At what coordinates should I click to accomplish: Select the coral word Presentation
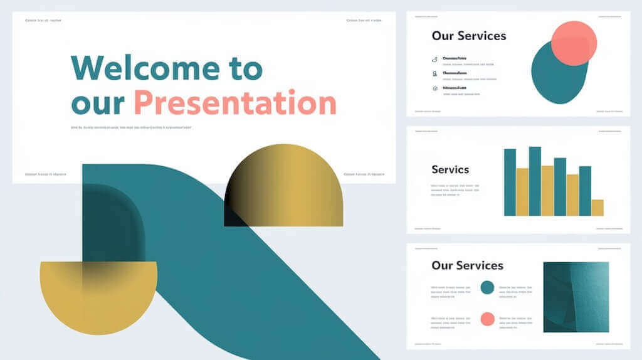tap(235, 103)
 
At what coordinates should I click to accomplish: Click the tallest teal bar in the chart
tap(535, 181)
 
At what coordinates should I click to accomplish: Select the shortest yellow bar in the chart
tap(597, 208)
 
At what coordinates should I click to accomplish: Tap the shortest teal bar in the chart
tap(584, 191)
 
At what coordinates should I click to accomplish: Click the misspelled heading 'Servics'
tap(450, 169)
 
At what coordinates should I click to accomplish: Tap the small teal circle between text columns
tap(487, 288)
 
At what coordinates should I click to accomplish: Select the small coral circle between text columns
tap(487, 319)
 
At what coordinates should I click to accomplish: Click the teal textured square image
tap(576, 297)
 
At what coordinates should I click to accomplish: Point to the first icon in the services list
tap(434, 59)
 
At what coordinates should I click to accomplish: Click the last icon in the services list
tap(434, 88)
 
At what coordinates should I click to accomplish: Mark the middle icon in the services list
tap(434, 73)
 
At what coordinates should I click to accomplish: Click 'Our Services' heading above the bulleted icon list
tap(468, 36)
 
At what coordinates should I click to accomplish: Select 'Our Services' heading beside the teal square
tap(467, 265)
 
